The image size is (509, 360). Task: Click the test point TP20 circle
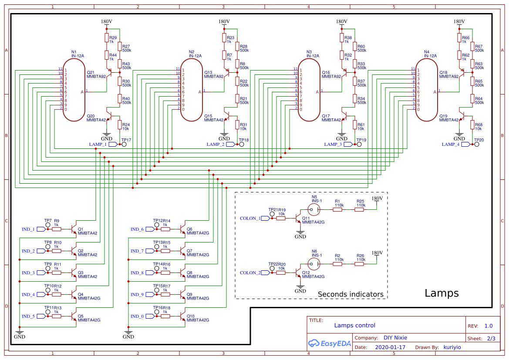(x=476, y=144)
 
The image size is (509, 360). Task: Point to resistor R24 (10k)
(x=119, y=125)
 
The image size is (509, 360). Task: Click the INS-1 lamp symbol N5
(x=314, y=209)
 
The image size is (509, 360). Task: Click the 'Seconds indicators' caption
(x=351, y=294)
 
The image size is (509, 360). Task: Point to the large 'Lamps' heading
(x=442, y=293)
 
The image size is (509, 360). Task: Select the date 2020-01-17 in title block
(x=390, y=347)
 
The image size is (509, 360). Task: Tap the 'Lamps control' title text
(x=354, y=326)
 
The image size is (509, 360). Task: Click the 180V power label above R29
(x=106, y=21)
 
